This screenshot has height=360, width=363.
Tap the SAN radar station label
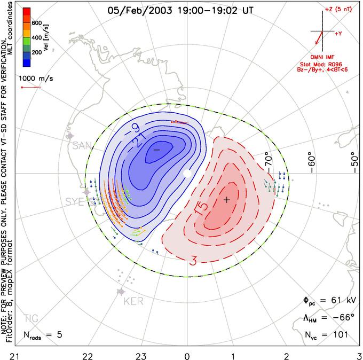coord(82,146)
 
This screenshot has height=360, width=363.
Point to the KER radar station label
coord(133,301)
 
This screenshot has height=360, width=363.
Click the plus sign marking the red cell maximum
coord(227,199)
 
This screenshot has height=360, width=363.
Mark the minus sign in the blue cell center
coord(156,150)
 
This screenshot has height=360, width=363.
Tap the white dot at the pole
coord(187,174)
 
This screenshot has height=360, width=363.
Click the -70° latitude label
coord(268,159)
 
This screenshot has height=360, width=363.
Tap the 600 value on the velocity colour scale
coord(37,23)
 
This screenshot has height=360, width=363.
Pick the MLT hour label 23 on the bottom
coord(141,355)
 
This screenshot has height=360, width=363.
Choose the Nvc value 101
coord(340,335)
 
